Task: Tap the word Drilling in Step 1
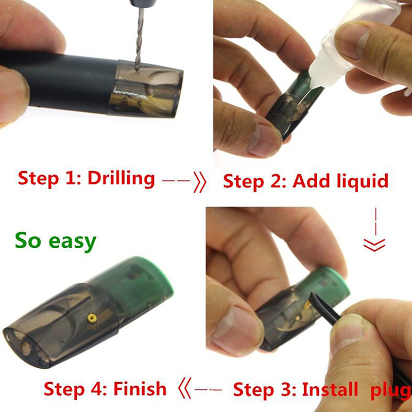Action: point(121,179)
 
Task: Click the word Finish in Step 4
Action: point(140,388)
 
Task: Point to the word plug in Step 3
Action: point(391,391)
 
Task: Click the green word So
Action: point(28,239)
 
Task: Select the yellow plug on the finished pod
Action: point(92,318)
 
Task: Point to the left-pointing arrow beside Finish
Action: point(200,389)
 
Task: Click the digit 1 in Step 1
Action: point(71,178)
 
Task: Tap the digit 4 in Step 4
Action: point(96,389)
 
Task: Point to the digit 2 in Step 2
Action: point(276,181)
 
